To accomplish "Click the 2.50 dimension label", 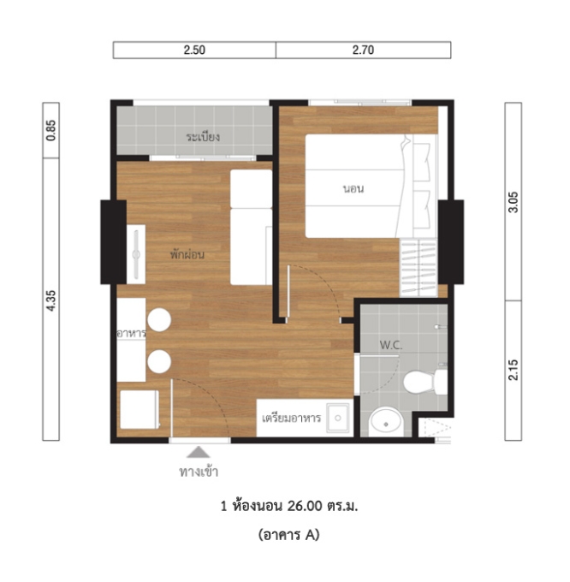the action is point(194,50).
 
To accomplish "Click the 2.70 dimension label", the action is point(363,50).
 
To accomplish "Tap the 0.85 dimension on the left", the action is point(51,130).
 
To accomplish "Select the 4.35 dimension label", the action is point(51,300).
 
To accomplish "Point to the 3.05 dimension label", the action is point(514,202).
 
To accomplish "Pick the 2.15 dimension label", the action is point(514,370).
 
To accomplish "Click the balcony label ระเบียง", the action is point(203,137).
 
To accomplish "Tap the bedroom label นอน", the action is point(353,189).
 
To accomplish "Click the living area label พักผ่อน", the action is point(187,254).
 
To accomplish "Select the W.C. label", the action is point(391,345).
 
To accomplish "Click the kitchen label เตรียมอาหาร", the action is point(291,418).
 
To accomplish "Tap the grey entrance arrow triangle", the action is point(199,452).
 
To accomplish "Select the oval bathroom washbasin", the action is point(386,422).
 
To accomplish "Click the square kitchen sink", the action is point(338,418).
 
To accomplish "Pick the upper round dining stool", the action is point(159,319).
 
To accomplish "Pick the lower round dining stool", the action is point(159,361).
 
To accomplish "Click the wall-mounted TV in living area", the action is point(136,254).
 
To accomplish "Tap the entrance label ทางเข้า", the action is point(199,472).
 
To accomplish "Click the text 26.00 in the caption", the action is point(305,506).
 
